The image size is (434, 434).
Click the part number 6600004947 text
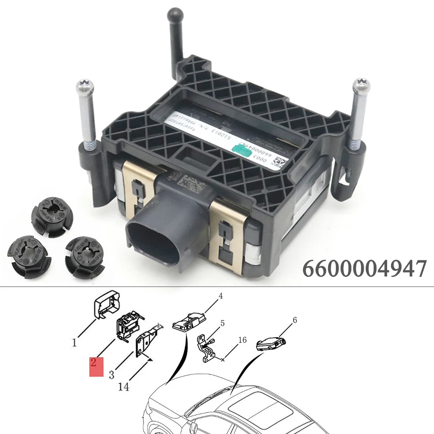pyautogui.click(x=365, y=269)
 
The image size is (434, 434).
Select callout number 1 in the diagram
pyautogui.click(x=74, y=342)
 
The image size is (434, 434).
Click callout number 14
pyautogui.click(x=124, y=386)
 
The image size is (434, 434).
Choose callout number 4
pyautogui.click(x=220, y=296)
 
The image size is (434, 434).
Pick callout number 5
pyautogui.click(x=223, y=323)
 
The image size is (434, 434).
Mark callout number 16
pyautogui.click(x=242, y=340)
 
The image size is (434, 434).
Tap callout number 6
pyautogui.click(x=295, y=320)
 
